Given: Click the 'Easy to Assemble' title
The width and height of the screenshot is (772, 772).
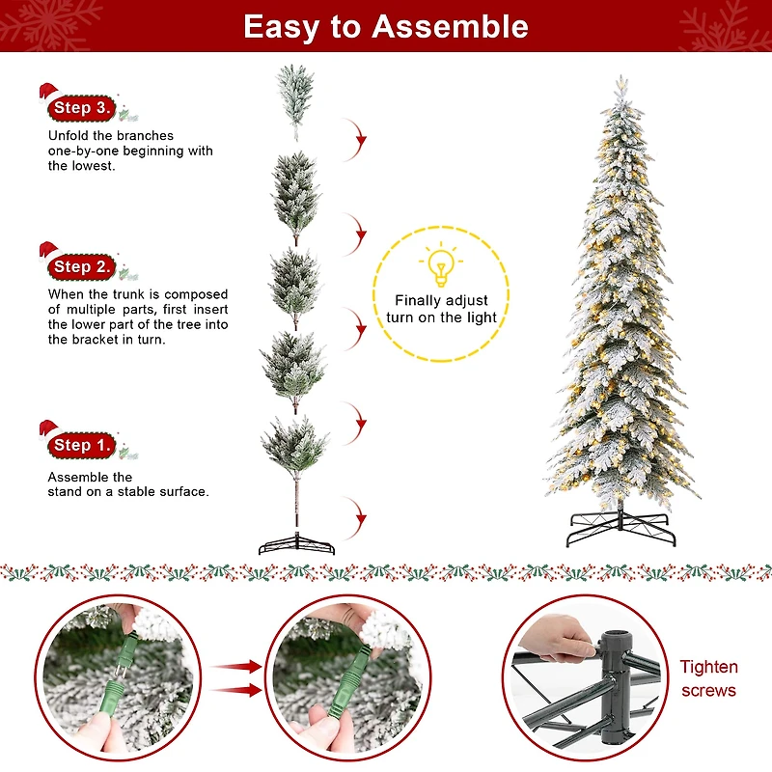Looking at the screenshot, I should point(386,26).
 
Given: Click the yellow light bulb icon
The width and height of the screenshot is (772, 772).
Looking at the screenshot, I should point(441,264).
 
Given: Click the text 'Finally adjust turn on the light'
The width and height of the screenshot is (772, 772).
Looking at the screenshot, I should point(441,309).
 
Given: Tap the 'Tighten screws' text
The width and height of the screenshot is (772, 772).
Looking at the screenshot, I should point(708,678).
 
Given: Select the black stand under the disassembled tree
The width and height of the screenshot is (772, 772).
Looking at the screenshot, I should point(296,545).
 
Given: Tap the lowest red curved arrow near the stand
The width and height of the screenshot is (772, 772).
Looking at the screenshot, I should point(360,516).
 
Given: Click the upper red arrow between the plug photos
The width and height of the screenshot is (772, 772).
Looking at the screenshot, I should point(237,666).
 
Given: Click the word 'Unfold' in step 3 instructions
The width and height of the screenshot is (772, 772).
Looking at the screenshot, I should point(68,136).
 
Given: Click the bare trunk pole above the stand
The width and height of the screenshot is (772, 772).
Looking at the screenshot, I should point(296,507).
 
